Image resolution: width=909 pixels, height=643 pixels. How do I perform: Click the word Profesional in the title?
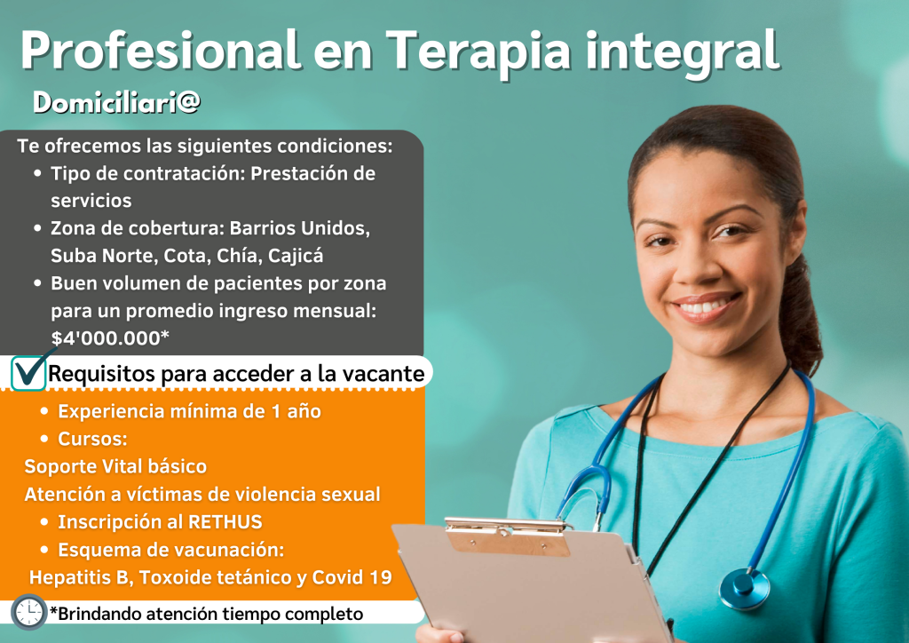tap(161, 51)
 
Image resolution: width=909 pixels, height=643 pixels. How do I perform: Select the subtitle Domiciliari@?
tap(116, 103)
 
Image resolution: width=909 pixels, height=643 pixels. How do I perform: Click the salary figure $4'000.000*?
tap(110, 338)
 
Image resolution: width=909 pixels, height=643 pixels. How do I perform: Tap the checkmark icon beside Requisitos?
tap(30, 371)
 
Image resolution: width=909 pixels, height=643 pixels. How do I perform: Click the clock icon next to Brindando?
tap(28, 612)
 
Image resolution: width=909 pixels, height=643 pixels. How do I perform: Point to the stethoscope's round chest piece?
tap(745, 589)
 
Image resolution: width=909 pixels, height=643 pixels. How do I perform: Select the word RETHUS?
tap(225, 522)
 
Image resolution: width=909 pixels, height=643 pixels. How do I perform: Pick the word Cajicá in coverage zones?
tap(296, 256)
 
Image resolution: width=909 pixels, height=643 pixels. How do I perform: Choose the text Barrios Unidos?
tap(300, 228)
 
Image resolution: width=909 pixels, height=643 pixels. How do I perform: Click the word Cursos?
tap(92, 439)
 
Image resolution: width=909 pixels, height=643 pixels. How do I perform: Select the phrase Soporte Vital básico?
tap(115, 467)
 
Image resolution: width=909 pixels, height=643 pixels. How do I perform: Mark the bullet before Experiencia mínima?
tap(44, 411)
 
